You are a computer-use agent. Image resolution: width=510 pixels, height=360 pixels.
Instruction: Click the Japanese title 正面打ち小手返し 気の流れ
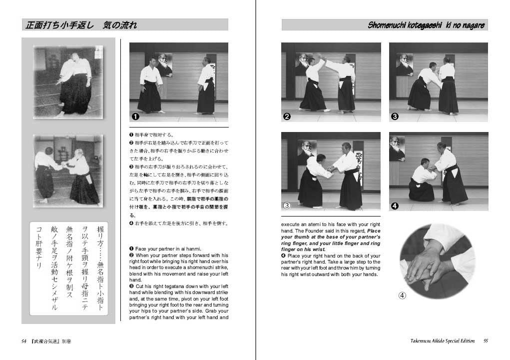tap(80, 25)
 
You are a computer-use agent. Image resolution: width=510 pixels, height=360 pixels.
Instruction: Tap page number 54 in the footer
tap(24, 341)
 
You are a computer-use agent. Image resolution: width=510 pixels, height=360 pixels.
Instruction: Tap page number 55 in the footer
tap(486, 341)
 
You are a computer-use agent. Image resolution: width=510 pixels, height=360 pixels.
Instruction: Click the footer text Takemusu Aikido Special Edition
tap(439, 341)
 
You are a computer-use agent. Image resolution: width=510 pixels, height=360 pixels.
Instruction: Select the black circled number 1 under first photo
tap(135, 116)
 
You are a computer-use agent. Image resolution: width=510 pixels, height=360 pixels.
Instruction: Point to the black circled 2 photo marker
tap(287, 117)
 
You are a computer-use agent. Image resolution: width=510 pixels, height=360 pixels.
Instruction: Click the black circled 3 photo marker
tap(395, 117)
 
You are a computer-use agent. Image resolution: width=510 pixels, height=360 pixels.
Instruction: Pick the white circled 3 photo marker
tap(287, 205)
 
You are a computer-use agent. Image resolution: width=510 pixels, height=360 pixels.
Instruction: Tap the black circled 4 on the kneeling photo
tap(395, 205)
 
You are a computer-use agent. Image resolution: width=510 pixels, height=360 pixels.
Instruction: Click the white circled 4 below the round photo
tap(402, 295)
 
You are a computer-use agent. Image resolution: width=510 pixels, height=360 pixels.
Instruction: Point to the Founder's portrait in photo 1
tap(163, 64)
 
